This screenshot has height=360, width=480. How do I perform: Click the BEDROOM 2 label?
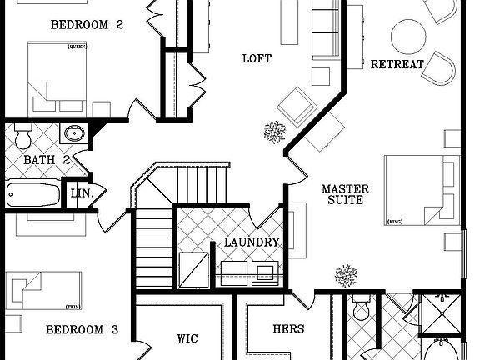click(x=87, y=25)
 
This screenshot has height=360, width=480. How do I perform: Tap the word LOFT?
click(x=257, y=58)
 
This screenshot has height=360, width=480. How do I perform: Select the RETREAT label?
click(x=397, y=64)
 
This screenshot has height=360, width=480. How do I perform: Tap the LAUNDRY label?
click(x=252, y=243)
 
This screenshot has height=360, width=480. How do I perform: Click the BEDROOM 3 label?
click(x=82, y=329)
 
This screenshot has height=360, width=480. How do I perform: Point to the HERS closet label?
click(x=288, y=329)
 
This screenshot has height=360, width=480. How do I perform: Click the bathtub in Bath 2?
click(x=33, y=196)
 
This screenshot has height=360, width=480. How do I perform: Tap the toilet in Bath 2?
click(x=22, y=134)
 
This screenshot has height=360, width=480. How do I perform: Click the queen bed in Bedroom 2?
click(x=57, y=78)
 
